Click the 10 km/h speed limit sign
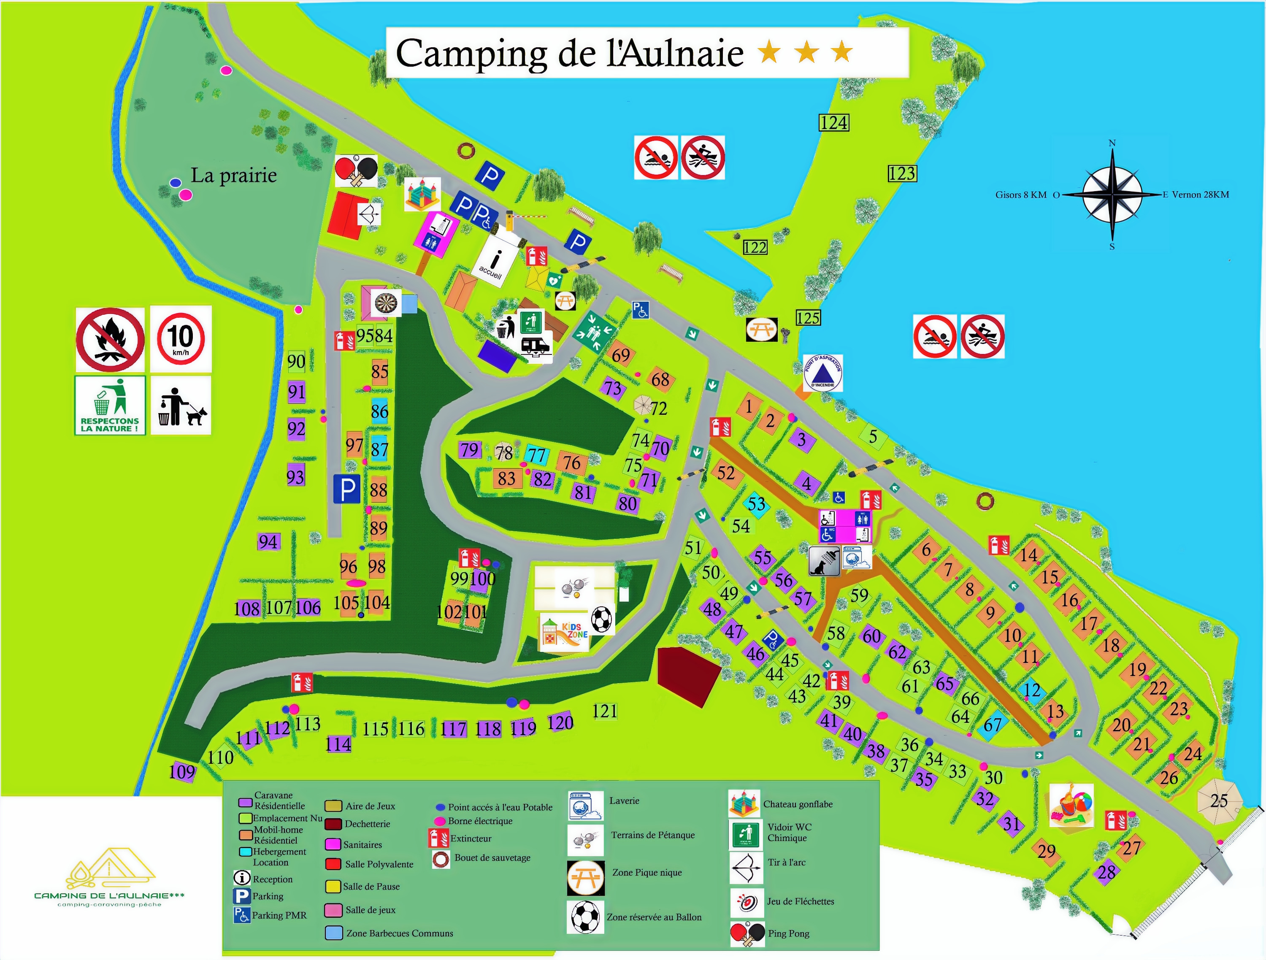pyautogui.click(x=181, y=339)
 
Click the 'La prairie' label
pyautogui.click(x=233, y=175)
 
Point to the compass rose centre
pyautogui.click(x=1112, y=195)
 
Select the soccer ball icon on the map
pyautogui.click(x=601, y=619)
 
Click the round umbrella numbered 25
pyautogui.click(x=1219, y=800)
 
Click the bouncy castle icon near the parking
pyautogui.click(x=422, y=194)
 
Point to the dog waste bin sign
pyautogui.click(x=181, y=405)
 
